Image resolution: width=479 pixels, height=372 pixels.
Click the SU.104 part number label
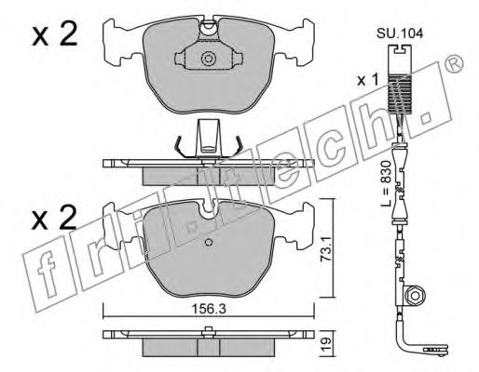pos(400,33)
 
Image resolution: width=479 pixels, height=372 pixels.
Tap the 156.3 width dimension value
pos(208,309)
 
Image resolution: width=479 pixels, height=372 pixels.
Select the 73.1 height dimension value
pos(326,247)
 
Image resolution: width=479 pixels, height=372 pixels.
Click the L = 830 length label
pos(386,183)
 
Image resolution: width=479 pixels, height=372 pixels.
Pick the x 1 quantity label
pos(368,81)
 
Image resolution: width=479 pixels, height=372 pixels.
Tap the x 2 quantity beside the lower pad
pos(54,218)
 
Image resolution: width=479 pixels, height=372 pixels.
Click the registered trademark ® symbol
pos(455,63)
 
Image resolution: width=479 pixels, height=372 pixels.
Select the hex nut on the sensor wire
pos(415,295)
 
